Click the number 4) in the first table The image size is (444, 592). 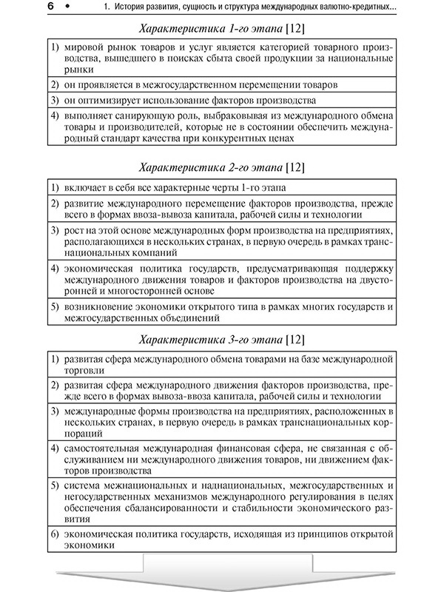coord(57,116)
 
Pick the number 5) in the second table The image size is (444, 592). coord(57,306)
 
